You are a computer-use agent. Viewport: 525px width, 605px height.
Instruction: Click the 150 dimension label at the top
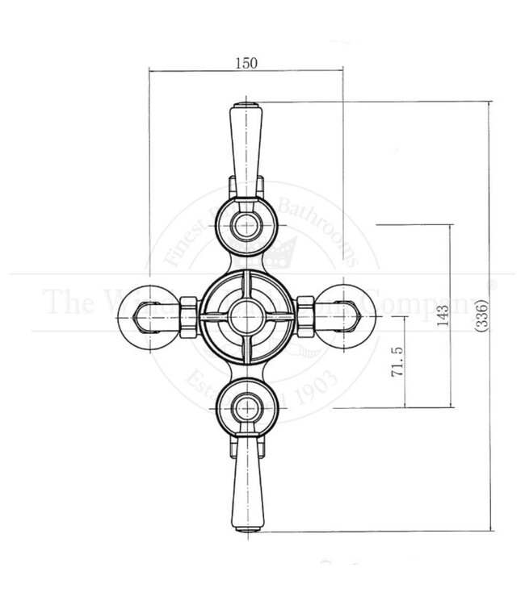(x=246, y=65)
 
